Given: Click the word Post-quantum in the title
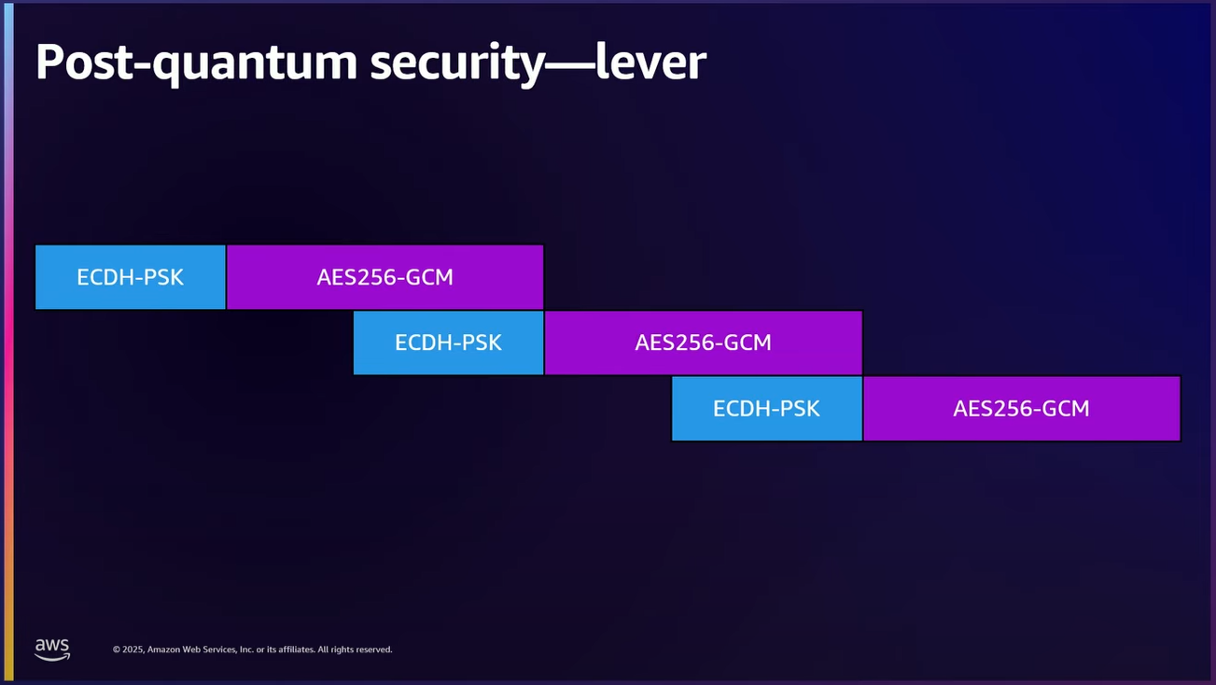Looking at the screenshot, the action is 195,63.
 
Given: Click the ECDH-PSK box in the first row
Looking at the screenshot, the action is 131,277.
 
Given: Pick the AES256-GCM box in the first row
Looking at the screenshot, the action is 384,277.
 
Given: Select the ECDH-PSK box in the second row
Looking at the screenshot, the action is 448,342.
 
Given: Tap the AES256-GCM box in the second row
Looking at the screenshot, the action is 703,342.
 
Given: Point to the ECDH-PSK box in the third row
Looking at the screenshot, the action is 766,408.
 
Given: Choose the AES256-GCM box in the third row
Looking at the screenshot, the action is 1021,408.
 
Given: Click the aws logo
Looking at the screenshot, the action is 52,649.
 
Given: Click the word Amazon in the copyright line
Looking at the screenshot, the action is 164,650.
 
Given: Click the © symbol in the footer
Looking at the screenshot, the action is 117,650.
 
